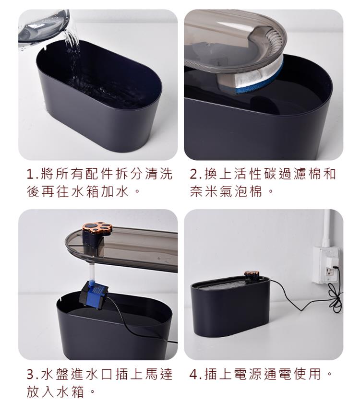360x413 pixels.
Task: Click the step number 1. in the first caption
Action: click(x=33, y=175)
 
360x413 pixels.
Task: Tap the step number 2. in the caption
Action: click(x=196, y=175)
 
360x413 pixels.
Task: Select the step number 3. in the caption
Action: click(x=33, y=374)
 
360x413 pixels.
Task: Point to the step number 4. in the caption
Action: click(x=196, y=374)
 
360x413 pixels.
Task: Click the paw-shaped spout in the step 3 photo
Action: click(x=97, y=228)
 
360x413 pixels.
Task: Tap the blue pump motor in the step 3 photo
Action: click(x=94, y=294)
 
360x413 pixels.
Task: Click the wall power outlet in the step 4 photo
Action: click(x=326, y=265)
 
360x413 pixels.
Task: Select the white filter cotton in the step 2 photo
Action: click(x=257, y=75)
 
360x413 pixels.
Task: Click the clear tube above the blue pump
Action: click(x=92, y=273)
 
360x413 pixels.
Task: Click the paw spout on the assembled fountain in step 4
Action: click(x=252, y=275)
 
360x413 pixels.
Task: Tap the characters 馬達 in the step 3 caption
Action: click(x=157, y=374)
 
